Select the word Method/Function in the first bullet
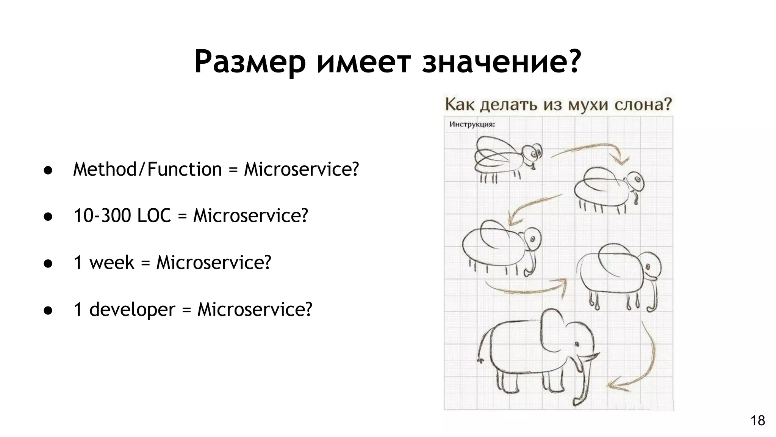tap(147, 169)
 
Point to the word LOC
tap(154, 216)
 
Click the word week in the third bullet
tap(112, 263)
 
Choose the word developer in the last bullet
tap(132, 310)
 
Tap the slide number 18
tap(758, 421)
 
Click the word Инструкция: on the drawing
tap(472, 124)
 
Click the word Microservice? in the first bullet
tap(301, 169)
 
